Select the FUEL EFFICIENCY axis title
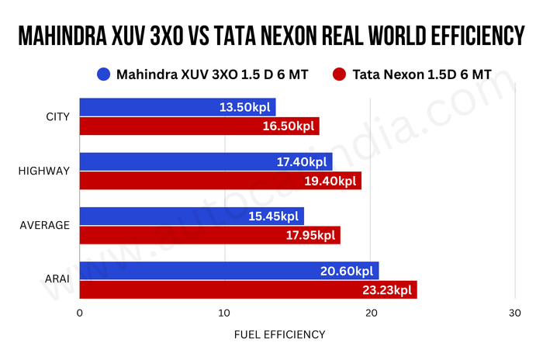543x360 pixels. click(279, 334)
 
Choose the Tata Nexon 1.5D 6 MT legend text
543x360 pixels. click(421, 75)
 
